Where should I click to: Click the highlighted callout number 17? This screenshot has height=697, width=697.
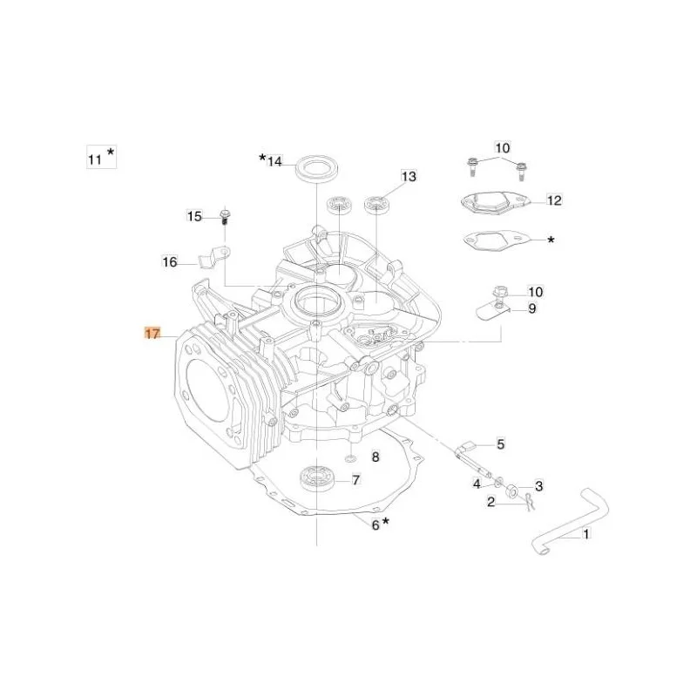(x=152, y=333)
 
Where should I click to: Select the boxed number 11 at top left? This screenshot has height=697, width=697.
(x=95, y=159)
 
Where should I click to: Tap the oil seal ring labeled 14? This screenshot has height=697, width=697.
(x=317, y=168)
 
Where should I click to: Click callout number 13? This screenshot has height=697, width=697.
(x=409, y=177)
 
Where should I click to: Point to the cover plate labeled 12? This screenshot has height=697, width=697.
(x=496, y=202)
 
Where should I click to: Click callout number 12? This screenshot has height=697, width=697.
(x=554, y=200)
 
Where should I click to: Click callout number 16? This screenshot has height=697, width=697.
(x=170, y=262)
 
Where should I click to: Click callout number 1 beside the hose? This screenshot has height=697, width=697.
(x=586, y=533)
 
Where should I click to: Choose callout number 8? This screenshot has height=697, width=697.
(x=376, y=457)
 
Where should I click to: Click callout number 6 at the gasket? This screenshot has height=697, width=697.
(x=376, y=525)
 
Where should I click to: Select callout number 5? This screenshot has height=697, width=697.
(x=501, y=443)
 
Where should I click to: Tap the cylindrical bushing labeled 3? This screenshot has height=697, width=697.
(x=513, y=491)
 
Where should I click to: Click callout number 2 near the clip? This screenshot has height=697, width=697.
(x=491, y=503)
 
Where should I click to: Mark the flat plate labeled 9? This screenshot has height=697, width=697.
(x=491, y=312)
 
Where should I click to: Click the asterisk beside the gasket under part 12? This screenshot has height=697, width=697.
(x=551, y=240)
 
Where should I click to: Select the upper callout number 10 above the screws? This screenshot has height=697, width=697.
(x=503, y=147)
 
